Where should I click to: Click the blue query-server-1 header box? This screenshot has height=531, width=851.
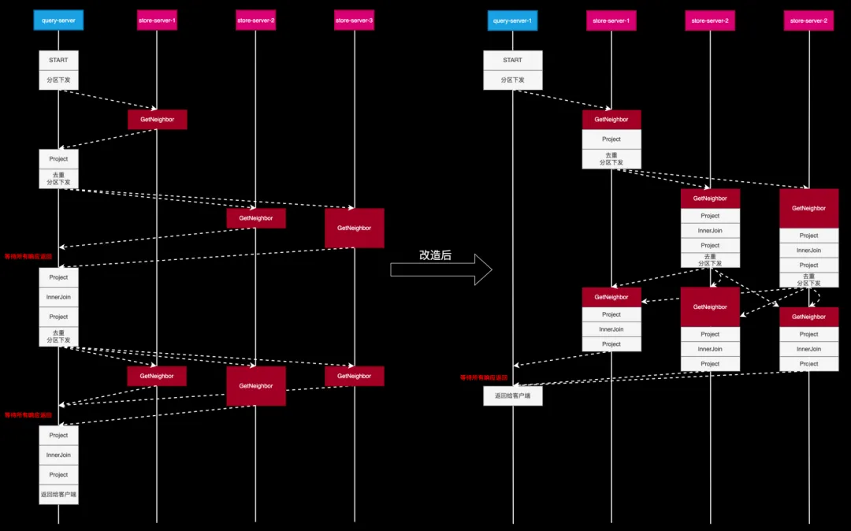[x=512, y=20]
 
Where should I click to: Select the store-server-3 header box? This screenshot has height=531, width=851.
[x=354, y=20]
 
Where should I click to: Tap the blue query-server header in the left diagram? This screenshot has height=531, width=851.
[x=58, y=20]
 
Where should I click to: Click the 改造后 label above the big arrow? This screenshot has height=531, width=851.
[x=435, y=254]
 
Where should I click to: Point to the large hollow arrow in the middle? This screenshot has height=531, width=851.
[x=441, y=270]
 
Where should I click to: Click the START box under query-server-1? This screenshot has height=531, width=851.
[x=512, y=60]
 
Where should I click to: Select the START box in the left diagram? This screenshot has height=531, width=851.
[x=58, y=60]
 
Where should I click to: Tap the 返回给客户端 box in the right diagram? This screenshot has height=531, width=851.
[x=512, y=395]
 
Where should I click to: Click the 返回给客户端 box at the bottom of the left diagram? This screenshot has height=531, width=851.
[x=58, y=495]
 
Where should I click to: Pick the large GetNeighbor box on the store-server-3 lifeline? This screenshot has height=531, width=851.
[x=354, y=228]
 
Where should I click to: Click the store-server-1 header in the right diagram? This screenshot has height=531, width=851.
[x=611, y=20]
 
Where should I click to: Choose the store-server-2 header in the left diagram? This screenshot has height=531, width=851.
[x=255, y=20]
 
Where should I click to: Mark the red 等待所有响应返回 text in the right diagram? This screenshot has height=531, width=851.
[x=484, y=377]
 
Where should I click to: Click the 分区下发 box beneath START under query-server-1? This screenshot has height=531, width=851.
[x=512, y=80]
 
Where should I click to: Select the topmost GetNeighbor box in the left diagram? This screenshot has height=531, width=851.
[x=157, y=119]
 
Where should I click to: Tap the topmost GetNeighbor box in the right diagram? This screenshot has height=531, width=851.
[x=611, y=119]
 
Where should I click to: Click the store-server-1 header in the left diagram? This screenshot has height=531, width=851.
[x=157, y=20]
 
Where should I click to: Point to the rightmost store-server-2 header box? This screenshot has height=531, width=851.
[x=808, y=20]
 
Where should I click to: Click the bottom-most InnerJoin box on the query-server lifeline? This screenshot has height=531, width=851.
[x=58, y=455]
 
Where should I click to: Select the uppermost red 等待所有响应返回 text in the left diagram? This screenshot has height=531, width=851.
[x=28, y=256]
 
